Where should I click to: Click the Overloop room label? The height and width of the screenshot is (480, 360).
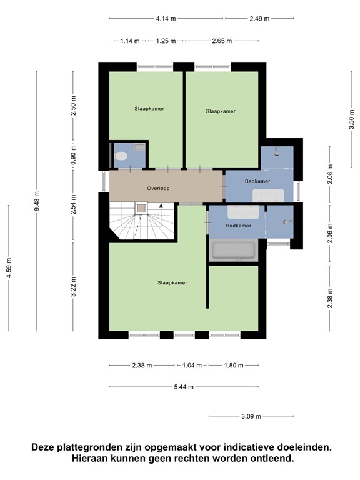coord(158,188)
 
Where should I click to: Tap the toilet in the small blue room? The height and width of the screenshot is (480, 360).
coord(121,156)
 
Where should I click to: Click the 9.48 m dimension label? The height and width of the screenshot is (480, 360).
coord(37,201)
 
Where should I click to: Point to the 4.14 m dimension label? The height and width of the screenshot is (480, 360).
coord(166,19)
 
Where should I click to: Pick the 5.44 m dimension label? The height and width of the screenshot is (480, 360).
coord(184,387)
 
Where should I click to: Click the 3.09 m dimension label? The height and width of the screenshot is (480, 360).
coord(251,416)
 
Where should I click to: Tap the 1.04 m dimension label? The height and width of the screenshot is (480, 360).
coord(192,365)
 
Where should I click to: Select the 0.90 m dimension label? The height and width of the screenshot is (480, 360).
coord(74,154)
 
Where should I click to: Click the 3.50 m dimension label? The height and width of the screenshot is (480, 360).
coord(351,119)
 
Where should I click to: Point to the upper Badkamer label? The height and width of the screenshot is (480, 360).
coord(257,181)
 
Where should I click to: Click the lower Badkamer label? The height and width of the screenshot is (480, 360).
coord(239,226)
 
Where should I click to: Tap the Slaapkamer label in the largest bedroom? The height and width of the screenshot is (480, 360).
coord(172,283)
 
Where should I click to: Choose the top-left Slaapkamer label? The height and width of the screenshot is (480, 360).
coord(149,108)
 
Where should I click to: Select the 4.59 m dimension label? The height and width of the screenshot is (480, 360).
coord(9,268)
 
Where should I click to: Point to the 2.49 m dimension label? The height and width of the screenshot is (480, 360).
coord(259,19)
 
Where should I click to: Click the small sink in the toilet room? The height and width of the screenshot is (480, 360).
coord(140,147)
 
